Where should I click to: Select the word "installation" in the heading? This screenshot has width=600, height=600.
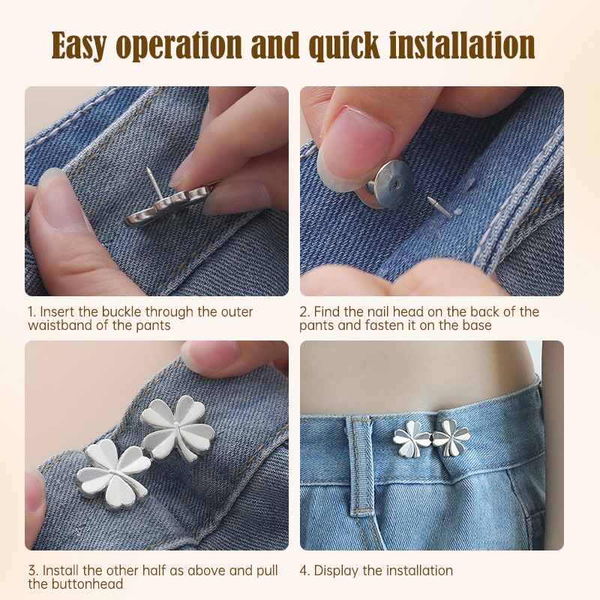(462, 45)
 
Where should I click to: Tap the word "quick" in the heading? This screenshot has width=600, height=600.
(344, 46)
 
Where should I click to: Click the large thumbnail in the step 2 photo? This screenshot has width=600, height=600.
(355, 141)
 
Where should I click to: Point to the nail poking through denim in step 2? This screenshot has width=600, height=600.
(438, 207)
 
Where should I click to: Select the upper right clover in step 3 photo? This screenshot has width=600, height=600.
(178, 427)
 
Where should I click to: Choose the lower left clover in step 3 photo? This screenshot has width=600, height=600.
(113, 475)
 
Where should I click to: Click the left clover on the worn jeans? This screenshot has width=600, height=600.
(412, 439)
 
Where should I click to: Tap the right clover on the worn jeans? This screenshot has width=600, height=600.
(451, 438)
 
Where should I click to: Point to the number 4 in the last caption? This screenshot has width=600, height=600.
(304, 571)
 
